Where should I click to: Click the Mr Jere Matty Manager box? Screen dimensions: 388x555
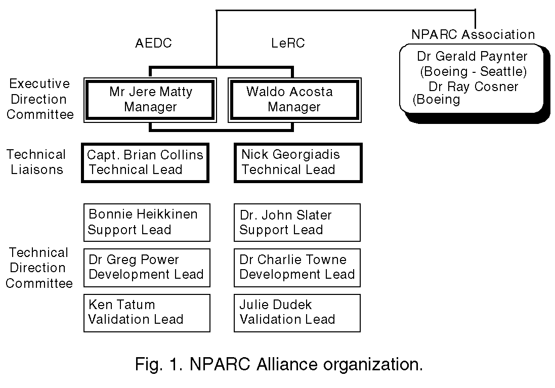(150, 100)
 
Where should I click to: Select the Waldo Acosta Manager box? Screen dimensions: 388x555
(294, 100)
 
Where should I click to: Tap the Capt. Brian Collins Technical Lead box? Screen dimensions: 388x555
(145, 162)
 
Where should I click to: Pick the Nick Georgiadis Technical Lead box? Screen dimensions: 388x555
(298, 162)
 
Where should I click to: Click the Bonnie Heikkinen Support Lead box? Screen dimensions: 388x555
(146, 222)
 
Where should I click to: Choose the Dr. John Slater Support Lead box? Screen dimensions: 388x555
(297, 222)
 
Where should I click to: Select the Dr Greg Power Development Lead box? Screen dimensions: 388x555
(146, 267)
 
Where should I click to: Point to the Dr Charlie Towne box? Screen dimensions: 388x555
(297, 267)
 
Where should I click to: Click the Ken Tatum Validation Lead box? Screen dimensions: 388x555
(146, 313)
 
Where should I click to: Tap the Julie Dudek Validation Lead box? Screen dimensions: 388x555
(297, 313)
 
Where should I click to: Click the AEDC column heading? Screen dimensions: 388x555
(153, 43)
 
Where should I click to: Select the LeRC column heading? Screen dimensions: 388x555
(288, 43)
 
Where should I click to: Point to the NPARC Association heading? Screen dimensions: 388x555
(473, 34)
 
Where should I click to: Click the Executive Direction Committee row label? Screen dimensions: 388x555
(40, 99)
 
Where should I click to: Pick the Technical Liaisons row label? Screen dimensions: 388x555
(36, 162)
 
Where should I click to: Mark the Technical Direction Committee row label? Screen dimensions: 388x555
(39, 268)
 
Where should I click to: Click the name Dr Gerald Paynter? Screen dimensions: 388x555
(472, 56)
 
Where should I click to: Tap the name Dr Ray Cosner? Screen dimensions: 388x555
(473, 87)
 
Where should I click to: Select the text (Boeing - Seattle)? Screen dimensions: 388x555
(473, 71)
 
